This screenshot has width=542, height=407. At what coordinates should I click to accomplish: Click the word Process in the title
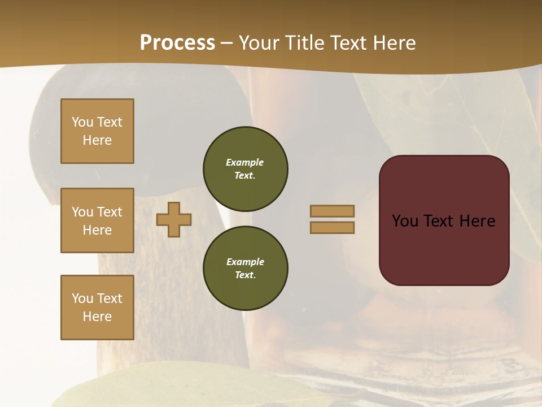(177, 42)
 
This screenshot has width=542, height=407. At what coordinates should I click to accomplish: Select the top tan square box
(97, 131)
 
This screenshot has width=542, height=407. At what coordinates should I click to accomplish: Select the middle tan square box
(97, 220)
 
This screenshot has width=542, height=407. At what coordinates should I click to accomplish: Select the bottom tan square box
(97, 308)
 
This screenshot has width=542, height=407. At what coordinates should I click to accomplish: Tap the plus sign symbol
(174, 219)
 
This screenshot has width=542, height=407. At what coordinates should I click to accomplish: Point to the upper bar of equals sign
(332, 211)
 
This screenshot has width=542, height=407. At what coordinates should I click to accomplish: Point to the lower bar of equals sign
(332, 228)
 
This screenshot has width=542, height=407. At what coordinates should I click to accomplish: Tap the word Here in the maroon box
(477, 221)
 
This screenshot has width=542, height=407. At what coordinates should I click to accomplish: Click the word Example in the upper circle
(244, 162)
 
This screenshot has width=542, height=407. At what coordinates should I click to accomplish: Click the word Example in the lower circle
(245, 262)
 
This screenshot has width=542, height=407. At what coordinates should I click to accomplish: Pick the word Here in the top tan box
(97, 140)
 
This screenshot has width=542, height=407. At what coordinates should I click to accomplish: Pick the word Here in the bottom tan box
(97, 317)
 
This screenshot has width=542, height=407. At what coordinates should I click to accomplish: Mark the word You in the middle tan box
(81, 212)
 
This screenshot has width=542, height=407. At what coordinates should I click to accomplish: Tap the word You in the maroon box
(405, 221)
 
